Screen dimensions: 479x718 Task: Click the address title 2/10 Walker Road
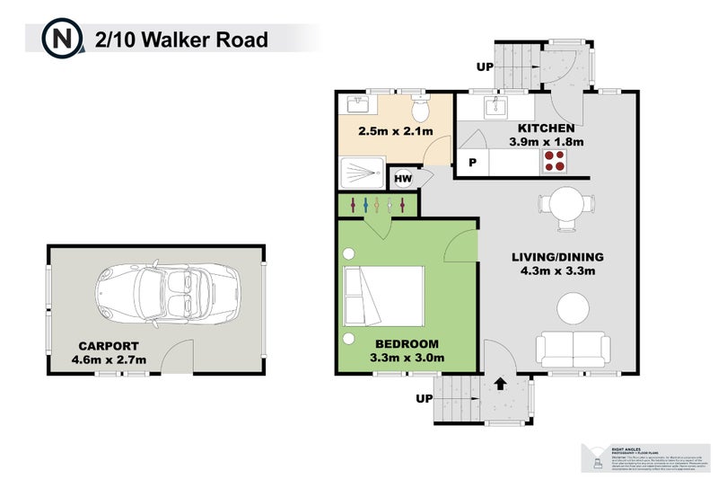tap(181, 40)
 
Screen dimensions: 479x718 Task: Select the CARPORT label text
tap(108, 345)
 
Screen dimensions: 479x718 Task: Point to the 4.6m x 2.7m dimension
tap(109, 360)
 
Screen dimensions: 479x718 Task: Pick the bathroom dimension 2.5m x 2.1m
tap(395, 132)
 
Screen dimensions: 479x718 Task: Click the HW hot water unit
tap(403, 178)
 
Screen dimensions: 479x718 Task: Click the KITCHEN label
tap(546, 129)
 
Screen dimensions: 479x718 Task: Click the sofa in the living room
tap(574, 349)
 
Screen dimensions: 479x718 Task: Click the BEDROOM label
tap(407, 344)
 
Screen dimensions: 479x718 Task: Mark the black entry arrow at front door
tap(500, 384)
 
